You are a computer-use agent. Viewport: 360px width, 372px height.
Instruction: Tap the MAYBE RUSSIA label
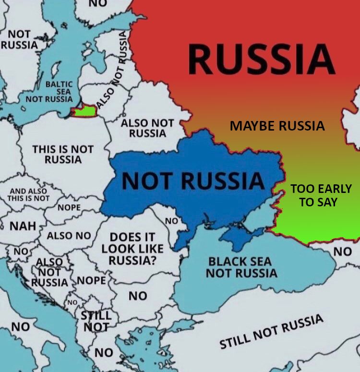coord(277,126)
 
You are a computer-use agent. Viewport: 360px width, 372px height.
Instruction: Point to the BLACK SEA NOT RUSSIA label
coord(241,267)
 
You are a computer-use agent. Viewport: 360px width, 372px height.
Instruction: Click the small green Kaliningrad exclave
coord(84,112)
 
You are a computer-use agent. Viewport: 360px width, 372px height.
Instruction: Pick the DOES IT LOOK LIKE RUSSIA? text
coord(132,249)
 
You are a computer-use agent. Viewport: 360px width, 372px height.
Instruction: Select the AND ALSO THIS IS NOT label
coord(29,194)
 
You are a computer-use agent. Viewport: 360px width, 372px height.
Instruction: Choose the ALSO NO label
coord(69,236)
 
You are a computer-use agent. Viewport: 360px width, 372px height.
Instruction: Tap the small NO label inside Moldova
coord(171,221)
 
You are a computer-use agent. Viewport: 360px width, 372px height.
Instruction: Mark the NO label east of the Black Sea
coord(342,251)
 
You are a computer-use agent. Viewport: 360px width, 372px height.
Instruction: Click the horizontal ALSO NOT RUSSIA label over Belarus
coord(147,128)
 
